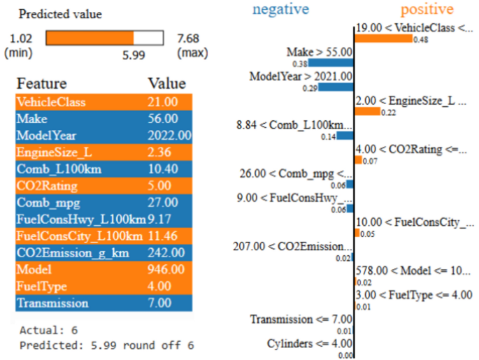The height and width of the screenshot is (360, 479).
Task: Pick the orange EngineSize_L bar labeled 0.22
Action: (368, 112)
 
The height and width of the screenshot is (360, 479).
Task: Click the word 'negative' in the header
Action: (282, 9)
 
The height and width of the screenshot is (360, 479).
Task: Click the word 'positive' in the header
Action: (427, 9)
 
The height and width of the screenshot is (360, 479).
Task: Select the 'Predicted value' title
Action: (59, 14)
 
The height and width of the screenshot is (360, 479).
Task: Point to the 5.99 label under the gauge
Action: (134, 55)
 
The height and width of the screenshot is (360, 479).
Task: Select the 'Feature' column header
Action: (41, 84)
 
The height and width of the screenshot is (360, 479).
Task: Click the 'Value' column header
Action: (166, 84)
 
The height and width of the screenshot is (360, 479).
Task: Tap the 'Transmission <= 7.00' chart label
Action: (301, 319)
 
